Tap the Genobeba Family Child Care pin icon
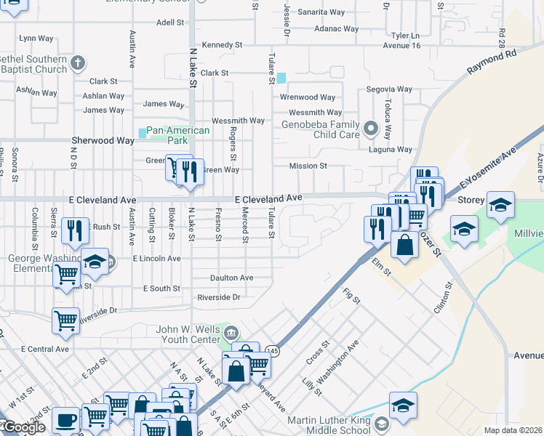(x=370, y=129)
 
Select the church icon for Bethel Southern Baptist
(x=79, y=63)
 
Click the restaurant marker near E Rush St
(x=75, y=230)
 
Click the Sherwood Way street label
(x=103, y=140)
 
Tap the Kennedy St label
(x=222, y=45)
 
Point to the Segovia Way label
(x=389, y=89)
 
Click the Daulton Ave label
(x=231, y=278)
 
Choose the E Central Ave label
(x=45, y=349)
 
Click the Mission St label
(x=308, y=166)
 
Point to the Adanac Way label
(x=336, y=29)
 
